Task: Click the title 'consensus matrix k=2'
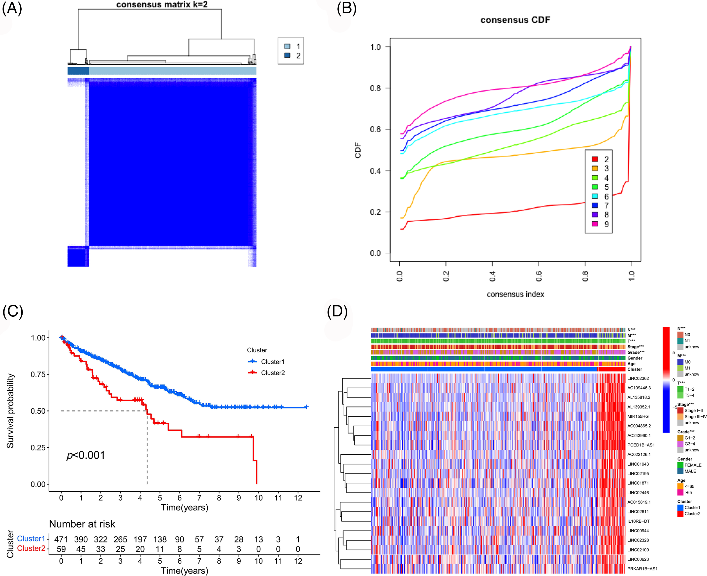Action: point(162,5)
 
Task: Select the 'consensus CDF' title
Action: point(515,20)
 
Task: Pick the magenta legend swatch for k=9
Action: point(595,224)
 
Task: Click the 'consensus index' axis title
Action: point(515,294)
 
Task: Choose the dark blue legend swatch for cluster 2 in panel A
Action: point(287,55)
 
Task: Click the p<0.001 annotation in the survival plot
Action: point(86,455)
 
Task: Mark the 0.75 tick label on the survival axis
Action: point(38,374)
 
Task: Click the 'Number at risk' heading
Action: point(82,524)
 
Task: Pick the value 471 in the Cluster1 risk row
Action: point(61,540)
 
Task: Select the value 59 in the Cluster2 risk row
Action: point(61,549)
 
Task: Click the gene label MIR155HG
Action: point(638,416)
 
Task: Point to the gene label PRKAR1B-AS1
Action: point(642,569)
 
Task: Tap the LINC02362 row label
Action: point(638,378)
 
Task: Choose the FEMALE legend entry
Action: point(693,465)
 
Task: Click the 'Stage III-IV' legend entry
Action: point(695,417)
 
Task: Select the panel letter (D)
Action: point(337,312)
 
